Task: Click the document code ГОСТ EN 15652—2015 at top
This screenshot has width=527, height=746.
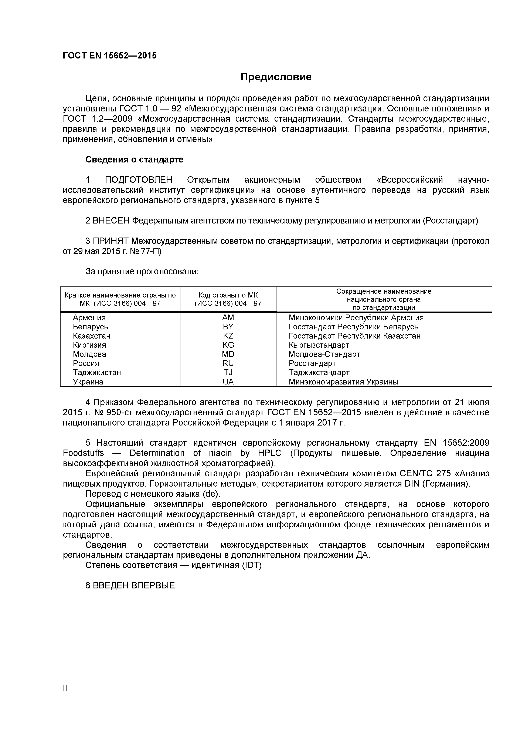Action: point(109,56)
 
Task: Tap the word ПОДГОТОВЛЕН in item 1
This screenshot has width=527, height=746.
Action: point(138,180)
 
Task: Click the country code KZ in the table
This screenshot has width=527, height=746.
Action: point(228,336)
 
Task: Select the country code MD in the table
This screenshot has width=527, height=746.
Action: point(228,354)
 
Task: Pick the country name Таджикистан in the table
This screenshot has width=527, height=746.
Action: point(97,372)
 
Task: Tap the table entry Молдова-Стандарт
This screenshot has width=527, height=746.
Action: point(324,354)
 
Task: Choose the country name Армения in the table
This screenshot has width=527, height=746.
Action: point(89,317)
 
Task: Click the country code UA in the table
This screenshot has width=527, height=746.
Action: point(228,382)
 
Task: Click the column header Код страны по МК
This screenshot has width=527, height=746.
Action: point(228,295)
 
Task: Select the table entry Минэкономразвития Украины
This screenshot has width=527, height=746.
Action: point(343,382)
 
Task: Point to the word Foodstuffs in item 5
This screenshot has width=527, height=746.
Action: point(84,453)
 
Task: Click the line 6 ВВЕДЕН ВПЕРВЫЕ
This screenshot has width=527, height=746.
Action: point(130,585)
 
